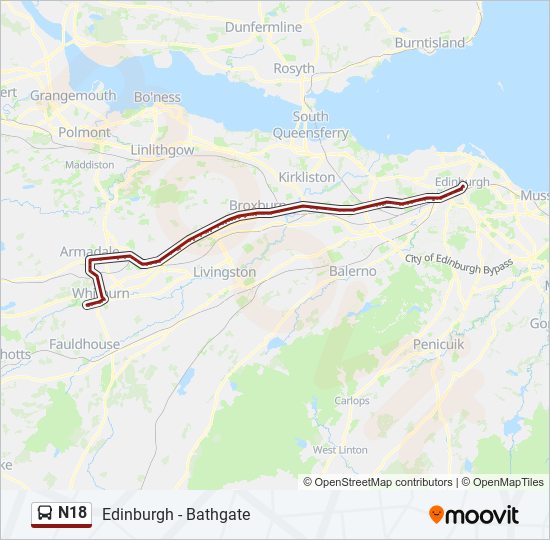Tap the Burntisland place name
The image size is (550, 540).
(430, 43)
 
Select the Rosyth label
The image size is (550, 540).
(294, 69)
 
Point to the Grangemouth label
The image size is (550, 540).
(73, 95)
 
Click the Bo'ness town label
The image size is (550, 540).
(157, 97)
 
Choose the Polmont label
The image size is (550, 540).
(85, 132)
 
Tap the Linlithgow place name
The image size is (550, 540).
(162, 149)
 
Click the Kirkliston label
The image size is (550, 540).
(307, 176)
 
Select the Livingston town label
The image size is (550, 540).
(224, 272)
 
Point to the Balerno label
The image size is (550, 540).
(353, 271)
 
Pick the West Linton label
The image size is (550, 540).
(340, 450)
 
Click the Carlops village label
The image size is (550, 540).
(352, 400)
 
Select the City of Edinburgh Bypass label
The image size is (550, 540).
(459, 260)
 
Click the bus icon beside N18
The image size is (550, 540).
(45, 514)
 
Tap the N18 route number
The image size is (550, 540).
(73, 513)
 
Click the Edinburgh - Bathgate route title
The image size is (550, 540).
(176, 514)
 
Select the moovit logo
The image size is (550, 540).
(474, 515)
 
